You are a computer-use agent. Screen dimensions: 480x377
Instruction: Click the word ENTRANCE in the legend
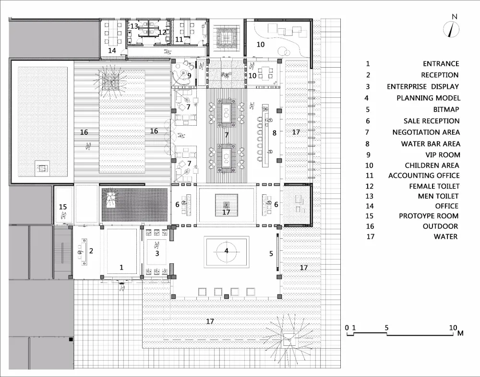coord(441,64)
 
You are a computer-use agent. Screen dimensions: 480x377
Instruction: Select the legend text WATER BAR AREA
coord(431,144)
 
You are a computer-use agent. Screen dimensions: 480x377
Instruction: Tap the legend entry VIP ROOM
coord(443,155)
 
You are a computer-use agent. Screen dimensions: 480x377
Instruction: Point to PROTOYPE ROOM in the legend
coord(429,216)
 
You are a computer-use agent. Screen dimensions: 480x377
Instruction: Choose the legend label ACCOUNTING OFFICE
coord(424,176)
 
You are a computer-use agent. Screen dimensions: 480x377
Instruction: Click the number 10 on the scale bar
coord(453,328)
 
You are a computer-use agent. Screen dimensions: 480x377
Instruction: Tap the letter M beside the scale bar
coord(460,333)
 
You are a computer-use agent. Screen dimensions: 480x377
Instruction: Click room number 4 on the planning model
coord(226,251)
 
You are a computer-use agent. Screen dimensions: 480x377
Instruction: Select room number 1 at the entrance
coord(121,268)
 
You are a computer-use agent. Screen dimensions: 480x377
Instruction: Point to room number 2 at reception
coord(91,251)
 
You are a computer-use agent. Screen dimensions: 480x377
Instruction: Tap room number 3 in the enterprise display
coord(157,253)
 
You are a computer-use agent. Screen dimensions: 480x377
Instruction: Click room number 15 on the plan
coord(63,207)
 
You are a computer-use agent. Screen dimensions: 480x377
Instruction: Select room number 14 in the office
coord(112,50)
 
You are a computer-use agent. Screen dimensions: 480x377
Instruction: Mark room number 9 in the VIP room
coord(189,75)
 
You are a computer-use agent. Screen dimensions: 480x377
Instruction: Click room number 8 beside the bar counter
coord(274,133)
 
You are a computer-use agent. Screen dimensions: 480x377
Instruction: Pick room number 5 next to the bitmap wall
coord(271,253)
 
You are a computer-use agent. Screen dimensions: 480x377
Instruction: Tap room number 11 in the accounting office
coord(179,39)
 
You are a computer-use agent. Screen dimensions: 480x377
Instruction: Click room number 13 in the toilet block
coord(134,26)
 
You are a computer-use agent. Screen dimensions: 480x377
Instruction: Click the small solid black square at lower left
coord(71,339)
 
